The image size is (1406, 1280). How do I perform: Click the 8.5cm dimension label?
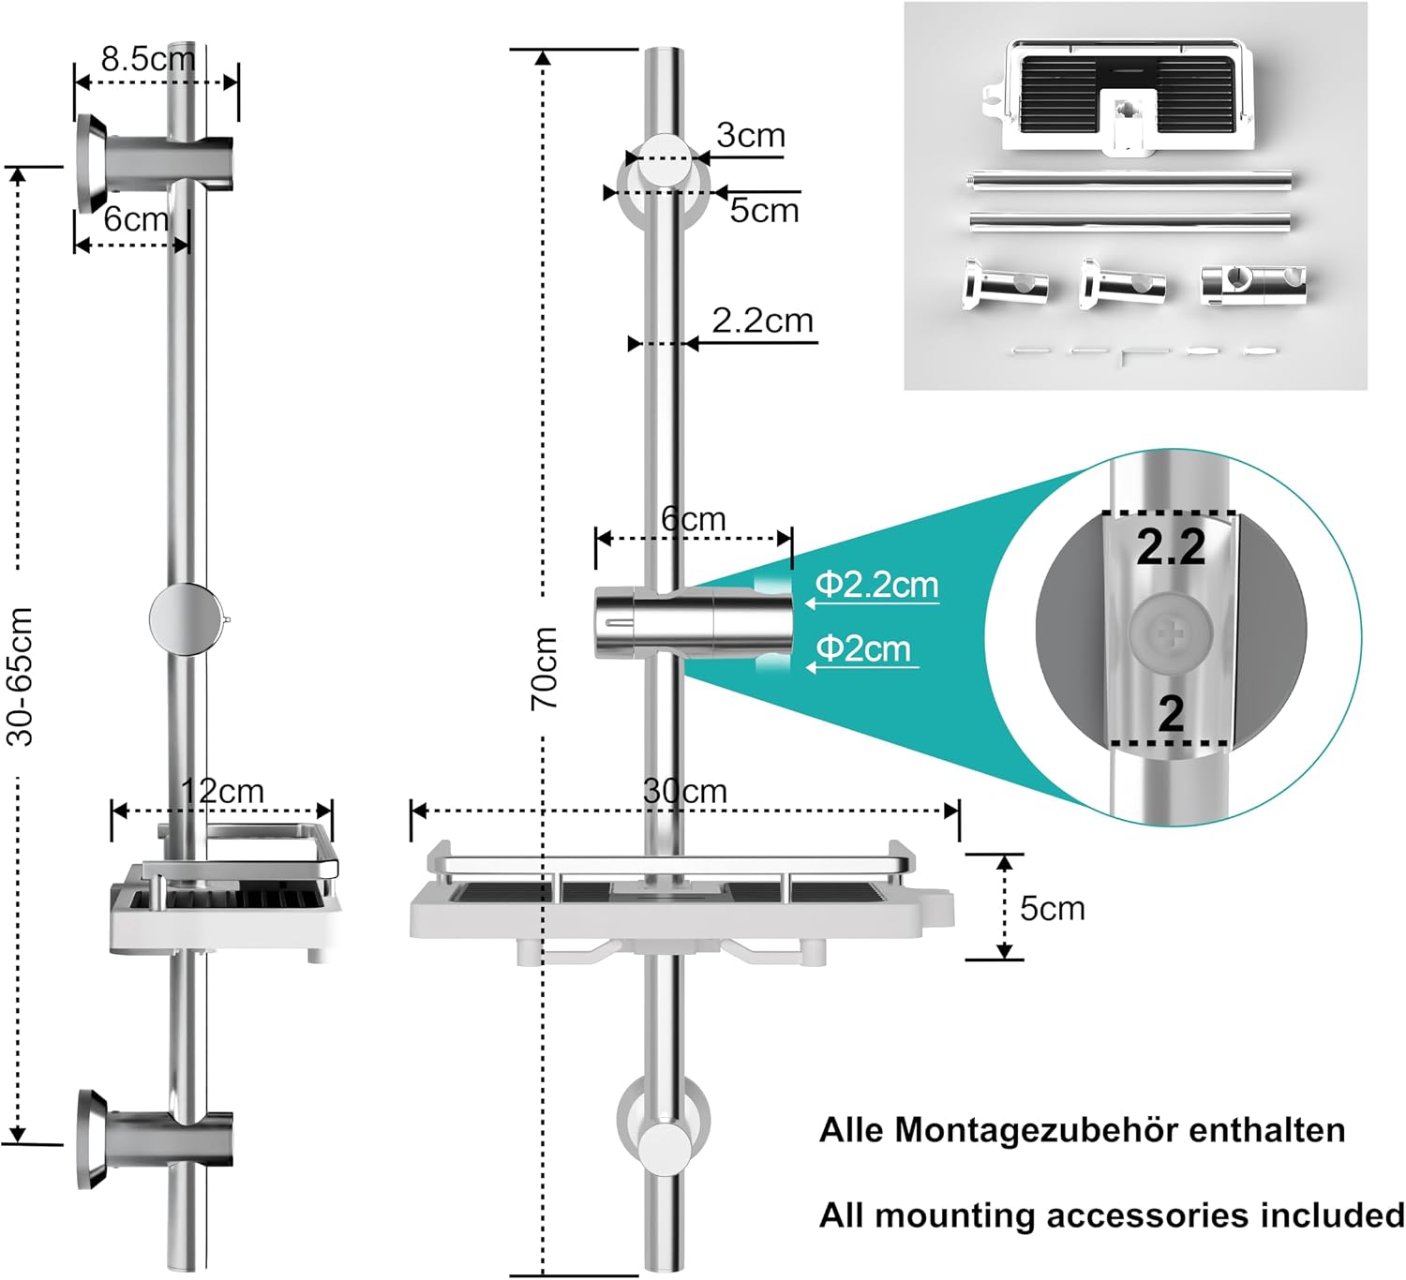pos(148,59)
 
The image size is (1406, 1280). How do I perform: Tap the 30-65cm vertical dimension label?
pos(20,677)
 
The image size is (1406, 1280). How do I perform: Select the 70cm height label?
pos(544,668)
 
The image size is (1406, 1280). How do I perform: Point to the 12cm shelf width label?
pos(222,792)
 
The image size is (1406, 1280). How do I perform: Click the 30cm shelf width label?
pos(685,792)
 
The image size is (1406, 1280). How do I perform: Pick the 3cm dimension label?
pos(751,135)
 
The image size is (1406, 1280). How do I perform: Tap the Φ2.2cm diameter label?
pos(876,585)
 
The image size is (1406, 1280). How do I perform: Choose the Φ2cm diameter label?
pos(863,648)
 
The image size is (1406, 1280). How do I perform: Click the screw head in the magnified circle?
pos(1171,634)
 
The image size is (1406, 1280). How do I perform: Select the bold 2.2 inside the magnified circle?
pos(1171,547)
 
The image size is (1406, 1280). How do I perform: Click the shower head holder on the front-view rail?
pos(694,623)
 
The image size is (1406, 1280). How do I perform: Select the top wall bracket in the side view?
pos(155,163)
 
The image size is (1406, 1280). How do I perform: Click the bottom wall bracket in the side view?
pos(155,1139)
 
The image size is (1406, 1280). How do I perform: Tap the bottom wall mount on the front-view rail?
pos(663,1142)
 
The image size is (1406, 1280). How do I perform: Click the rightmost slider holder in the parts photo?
pos(1253,284)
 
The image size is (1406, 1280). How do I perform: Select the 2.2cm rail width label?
pos(763,321)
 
